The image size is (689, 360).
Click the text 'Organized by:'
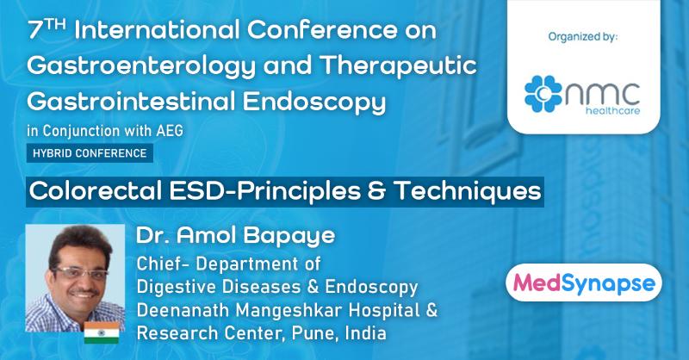point(583,37)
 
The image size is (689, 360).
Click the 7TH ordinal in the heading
point(47,31)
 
